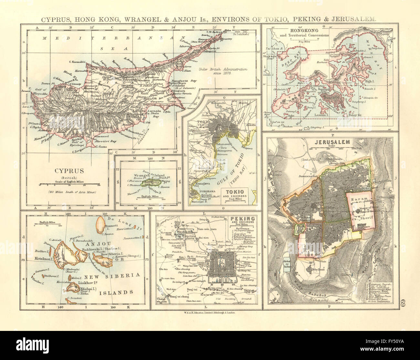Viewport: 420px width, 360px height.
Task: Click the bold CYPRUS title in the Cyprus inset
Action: (x=70, y=171)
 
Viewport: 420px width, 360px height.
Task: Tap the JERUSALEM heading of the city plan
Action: (x=328, y=142)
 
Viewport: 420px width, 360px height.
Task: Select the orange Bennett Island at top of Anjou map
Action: (x=101, y=223)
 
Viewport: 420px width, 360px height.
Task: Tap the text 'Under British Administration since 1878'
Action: (x=223, y=71)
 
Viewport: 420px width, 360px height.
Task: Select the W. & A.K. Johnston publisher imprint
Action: (x=207, y=313)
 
